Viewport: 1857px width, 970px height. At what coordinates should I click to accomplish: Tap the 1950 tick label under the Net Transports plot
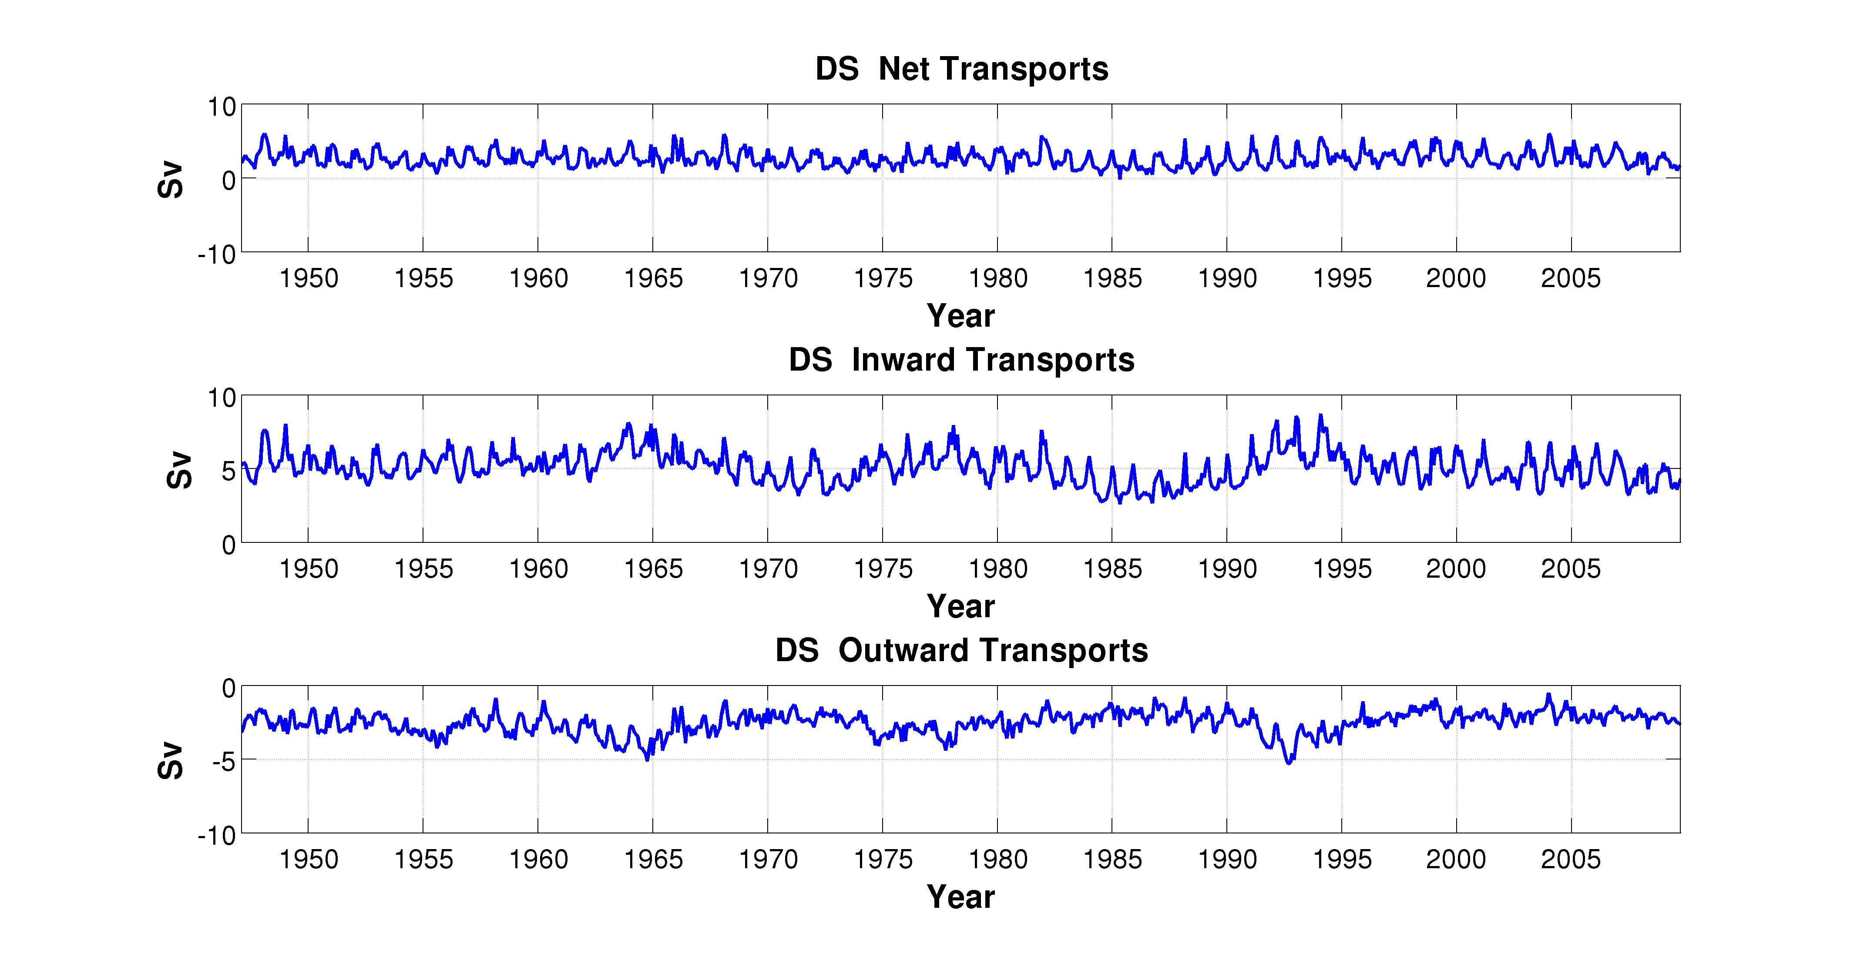309,278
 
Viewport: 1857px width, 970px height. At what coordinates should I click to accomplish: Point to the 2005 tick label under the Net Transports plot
1570,278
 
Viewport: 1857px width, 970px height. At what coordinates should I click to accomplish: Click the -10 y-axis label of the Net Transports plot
217,254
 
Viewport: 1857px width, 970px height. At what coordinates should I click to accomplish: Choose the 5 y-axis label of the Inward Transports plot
228,472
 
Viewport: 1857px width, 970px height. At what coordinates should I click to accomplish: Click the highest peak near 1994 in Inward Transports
1321,416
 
